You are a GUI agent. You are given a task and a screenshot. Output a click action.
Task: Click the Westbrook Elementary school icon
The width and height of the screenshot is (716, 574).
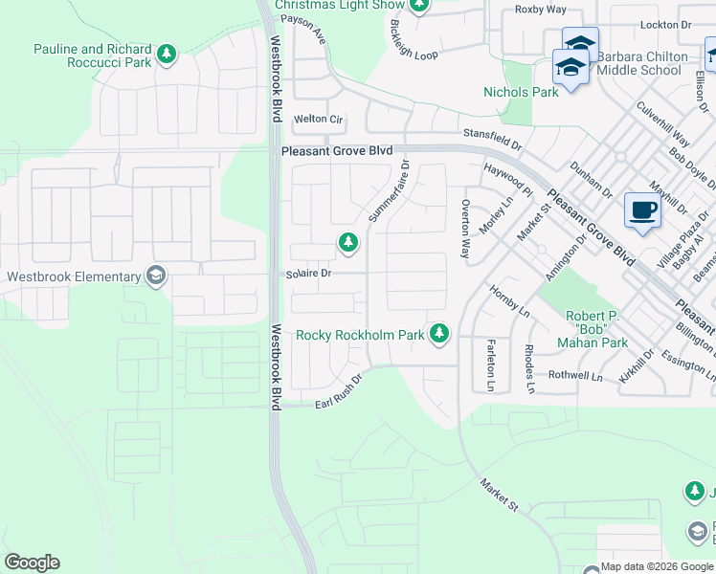click(155, 277)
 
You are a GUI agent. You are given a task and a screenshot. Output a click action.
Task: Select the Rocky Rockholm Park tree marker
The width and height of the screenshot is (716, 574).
click(439, 333)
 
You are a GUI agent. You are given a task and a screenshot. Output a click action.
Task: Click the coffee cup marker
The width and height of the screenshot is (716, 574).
click(642, 210)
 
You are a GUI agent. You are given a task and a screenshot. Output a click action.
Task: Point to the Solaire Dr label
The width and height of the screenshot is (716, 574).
click(308, 274)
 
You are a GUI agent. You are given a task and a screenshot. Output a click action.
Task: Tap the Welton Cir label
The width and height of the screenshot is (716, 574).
click(319, 120)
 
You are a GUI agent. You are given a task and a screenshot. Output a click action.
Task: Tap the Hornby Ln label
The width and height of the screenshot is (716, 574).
click(509, 300)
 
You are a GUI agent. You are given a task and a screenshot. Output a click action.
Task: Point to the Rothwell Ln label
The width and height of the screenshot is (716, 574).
click(575, 375)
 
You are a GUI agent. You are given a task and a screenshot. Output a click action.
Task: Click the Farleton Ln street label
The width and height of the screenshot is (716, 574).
click(490, 365)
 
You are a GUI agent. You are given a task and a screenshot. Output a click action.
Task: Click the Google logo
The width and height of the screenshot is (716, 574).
click(32, 563)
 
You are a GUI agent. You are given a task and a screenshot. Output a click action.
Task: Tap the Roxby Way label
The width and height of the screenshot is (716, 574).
click(541, 10)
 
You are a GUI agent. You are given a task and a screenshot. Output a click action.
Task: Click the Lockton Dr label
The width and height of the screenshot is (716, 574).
click(665, 25)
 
